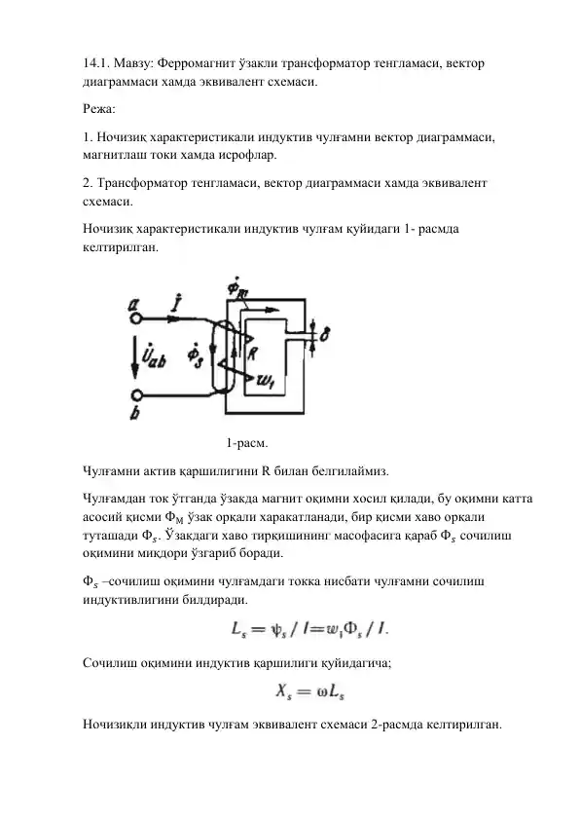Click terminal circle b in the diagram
tap(138, 395)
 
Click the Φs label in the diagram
tap(198, 355)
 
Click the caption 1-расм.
tap(247, 445)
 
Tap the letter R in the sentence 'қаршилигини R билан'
tap(266, 474)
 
